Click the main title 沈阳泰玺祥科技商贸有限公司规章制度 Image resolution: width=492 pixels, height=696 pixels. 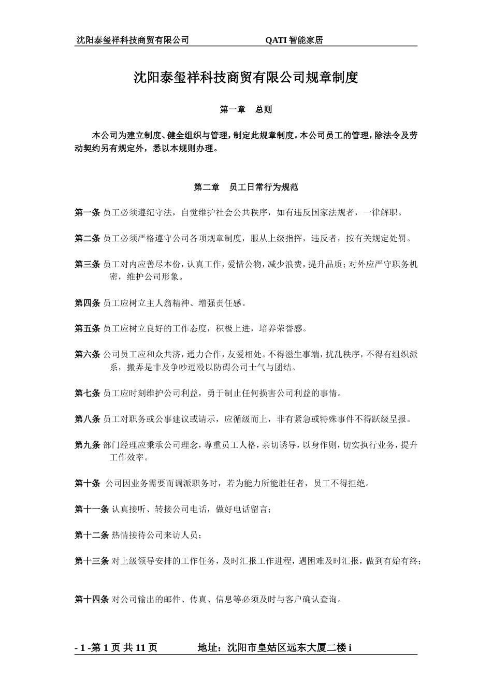pyautogui.click(x=246, y=78)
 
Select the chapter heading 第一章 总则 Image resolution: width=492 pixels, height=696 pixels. pyautogui.click(x=246, y=110)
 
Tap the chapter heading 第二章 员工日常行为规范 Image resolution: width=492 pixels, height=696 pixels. pyautogui.click(x=246, y=187)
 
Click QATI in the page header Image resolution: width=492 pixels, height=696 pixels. pyautogui.click(x=277, y=40)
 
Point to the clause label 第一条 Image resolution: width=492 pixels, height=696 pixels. pyautogui.click(x=88, y=212)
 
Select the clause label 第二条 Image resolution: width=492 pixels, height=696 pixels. pyautogui.click(x=88, y=238)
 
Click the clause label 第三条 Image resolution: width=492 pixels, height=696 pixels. pyautogui.click(x=88, y=264)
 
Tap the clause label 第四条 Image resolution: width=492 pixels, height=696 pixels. pyautogui.click(x=88, y=303)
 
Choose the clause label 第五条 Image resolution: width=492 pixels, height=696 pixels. pyautogui.click(x=88, y=328)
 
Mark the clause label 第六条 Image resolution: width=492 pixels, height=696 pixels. pyautogui.click(x=88, y=354)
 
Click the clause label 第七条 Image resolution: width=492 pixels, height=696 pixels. pyautogui.click(x=88, y=393)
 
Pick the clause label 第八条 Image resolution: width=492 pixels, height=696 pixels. pyautogui.click(x=88, y=419)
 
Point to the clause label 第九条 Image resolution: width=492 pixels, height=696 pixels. pyautogui.click(x=88, y=445)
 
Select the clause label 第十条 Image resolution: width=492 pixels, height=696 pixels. pyautogui.click(x=88, y=483)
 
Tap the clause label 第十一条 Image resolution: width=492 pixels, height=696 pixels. pyautogui.click(x=92, y=509)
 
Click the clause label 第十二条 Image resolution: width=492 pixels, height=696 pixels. pyautogui.click(x=92, y=535)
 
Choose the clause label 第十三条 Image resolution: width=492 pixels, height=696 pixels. pyautogui.click(x=92, y=561)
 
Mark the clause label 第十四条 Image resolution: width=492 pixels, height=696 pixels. pyautogui.click(x=92, y=600)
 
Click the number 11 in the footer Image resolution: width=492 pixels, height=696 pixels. pyautogui.click(x=140, y=648)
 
